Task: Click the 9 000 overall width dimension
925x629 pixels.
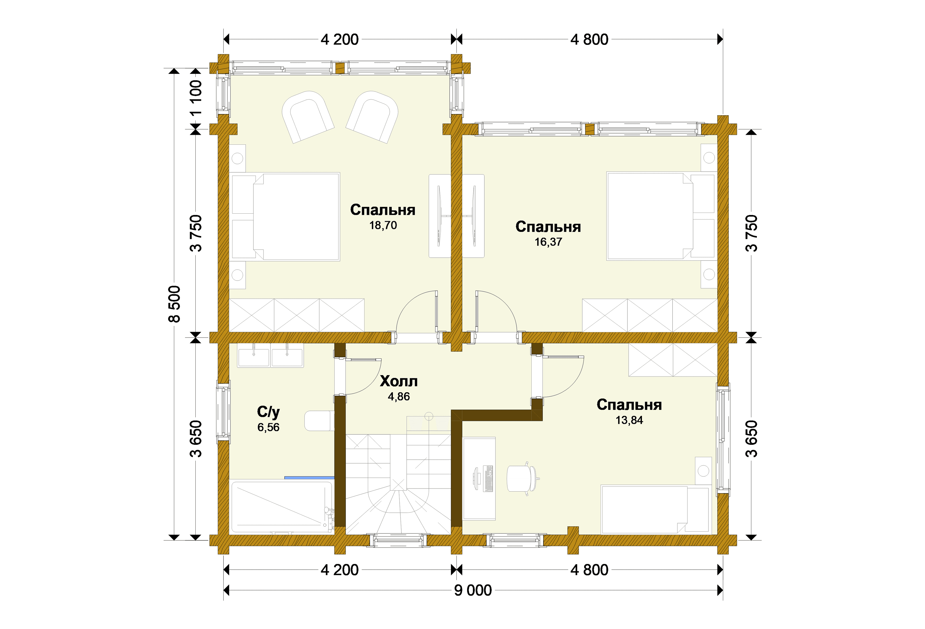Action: (x=473, y=590)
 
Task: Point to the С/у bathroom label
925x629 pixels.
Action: (x=268, y=412)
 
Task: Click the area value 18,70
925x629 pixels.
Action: (x=383, y=225)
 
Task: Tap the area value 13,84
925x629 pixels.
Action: (x=629, y=420)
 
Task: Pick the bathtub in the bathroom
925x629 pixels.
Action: (x=282, y=507)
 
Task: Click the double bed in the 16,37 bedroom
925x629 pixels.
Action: (x=661, y=216)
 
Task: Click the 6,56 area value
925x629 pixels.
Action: (x=268, y=427)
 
